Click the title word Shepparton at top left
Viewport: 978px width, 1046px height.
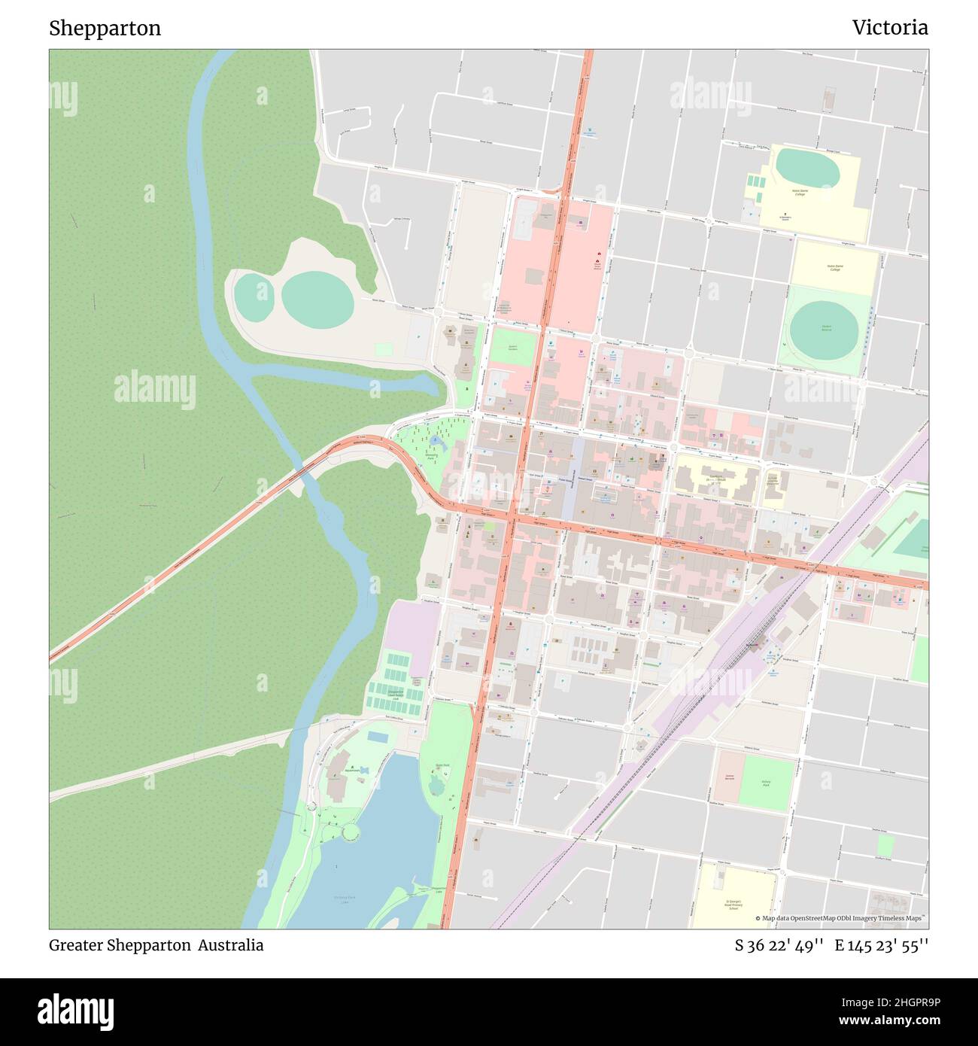pyautogui.click(x=105, y=29)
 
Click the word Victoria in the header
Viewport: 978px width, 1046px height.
pyautogui.click(x=890, y=28)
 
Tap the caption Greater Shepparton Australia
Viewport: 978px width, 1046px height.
pyautogui.click(x=156, y=945)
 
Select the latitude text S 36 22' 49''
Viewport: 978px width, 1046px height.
pyautogui.click(x=779, y=945)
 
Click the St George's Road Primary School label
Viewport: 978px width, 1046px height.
pyautogui.click(x=733, y=904)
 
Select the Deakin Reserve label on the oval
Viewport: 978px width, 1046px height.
pyautogui.click(x=827, y=327)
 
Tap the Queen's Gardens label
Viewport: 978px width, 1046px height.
pyautogui.click(x=513, y=348)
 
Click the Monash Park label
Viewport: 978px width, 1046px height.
pyautogui.click(x=431, y=456)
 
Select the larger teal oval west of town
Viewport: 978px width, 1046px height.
pyautogui.click(x=317, y=300)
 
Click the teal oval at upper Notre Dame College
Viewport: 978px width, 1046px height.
pyautogui.click(x=806, y=168)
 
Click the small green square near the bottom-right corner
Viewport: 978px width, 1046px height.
pyautogui.click(x=885, y=845)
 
